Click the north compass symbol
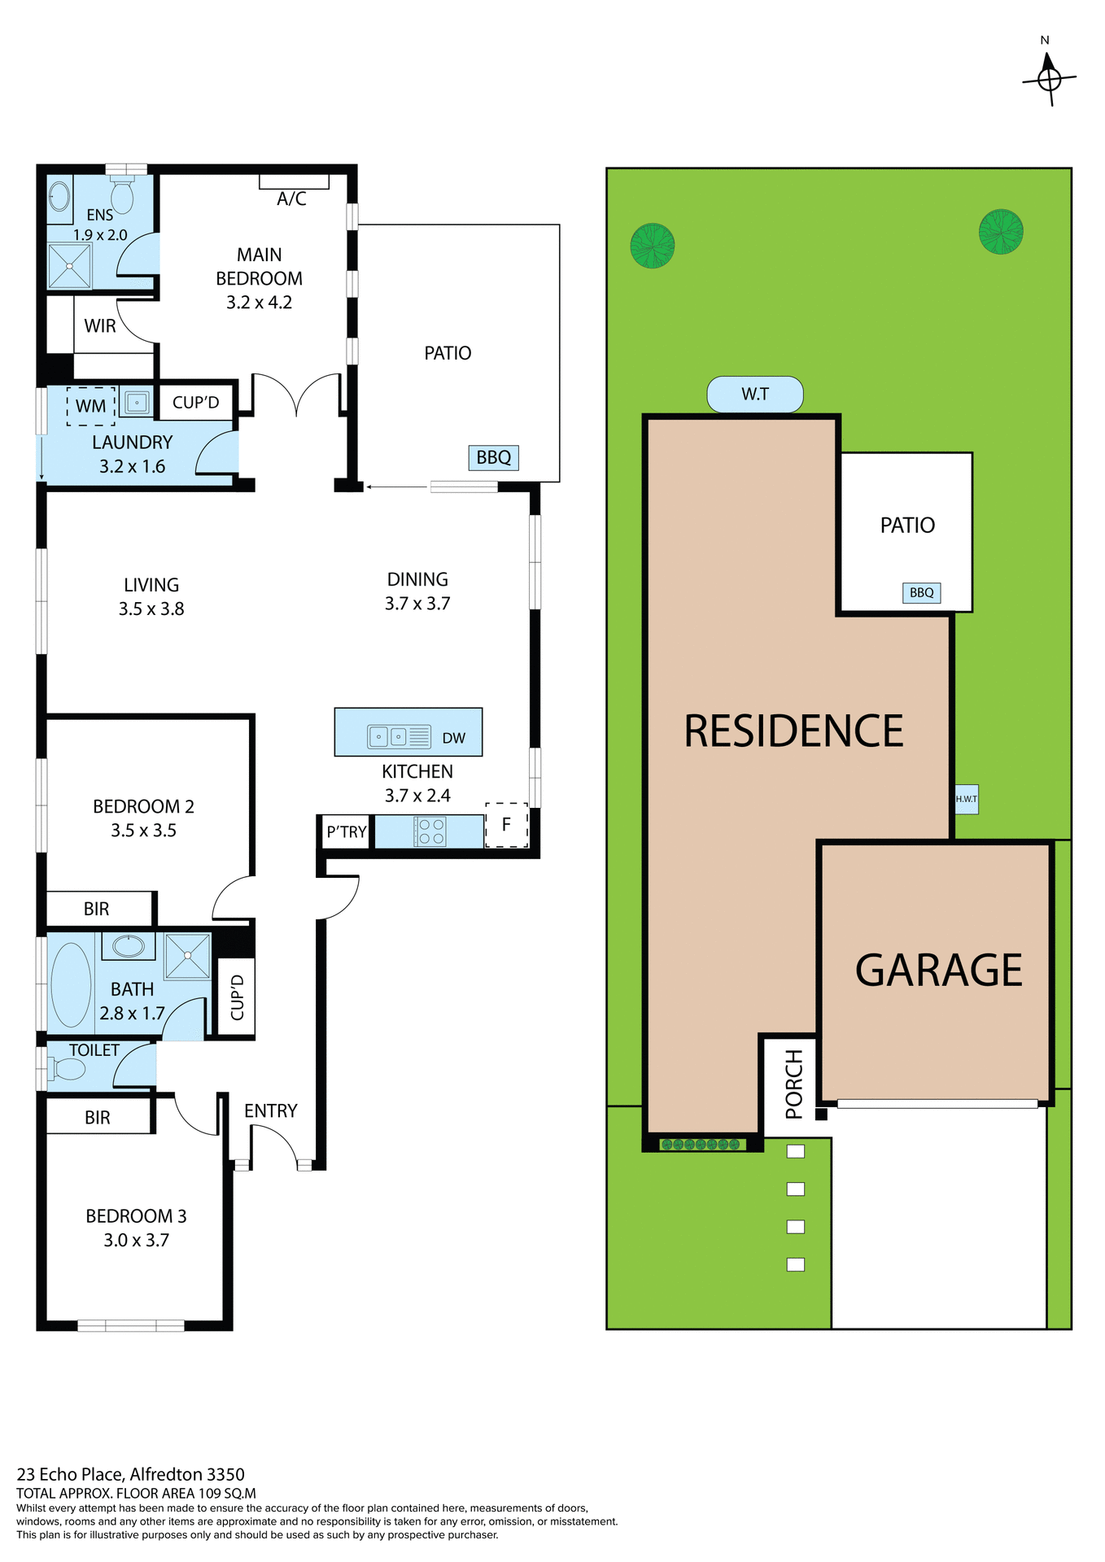pyautogui.click(x=1050, y=79)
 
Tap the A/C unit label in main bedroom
pyautogui.click(x=291, y=199)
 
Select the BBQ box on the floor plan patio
pyautogui.click(x=493, y=458)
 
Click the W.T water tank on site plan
pyautogui.click(x=755, y=395)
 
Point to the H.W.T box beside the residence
pyautogui.click(x=966, y=799)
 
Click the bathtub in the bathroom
pyautogui.click(x=72, y=984)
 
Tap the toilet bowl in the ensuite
pyautogui.click(x=122, y=196)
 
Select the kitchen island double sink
pyautogui.click(x=388, y=737)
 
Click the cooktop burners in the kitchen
pyautogui.click(x=430, y=831)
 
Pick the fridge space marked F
pyautogui.click(x=506, y=825)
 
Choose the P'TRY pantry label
pyautogui.click(x=347, y=832)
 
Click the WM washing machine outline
pyautogui.click(x=91, y=405)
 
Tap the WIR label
pyautogui.click(x=100, y=326)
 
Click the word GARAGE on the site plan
pyautogui.click(x=938, y=971)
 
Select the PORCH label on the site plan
pyautogui.click(x=793, y=1084)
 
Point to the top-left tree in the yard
pyautogui.click(x=653, y=245)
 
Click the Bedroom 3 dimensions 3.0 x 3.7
pyautogui.click(x=136, y=1240)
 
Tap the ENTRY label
pyautogui.click(x=271, y=1111)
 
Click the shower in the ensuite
pyautogui.click(x=70, y=266)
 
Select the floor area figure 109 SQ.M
pyautogui.click(x=225, y=1494)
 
